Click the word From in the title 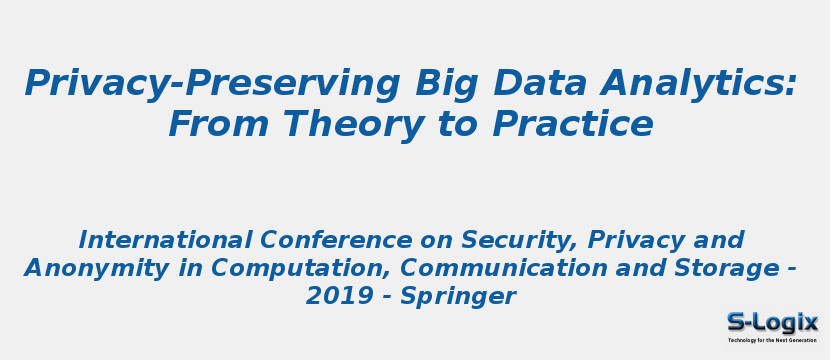[218, 125]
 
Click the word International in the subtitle [165, 240]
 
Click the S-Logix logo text [772, 322]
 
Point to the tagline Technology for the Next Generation [772, 340]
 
